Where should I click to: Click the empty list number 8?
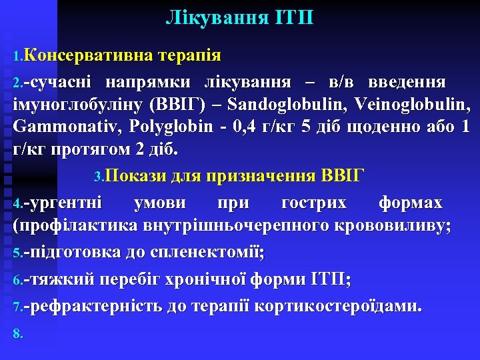pyautogui.click(x=18, y=334)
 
